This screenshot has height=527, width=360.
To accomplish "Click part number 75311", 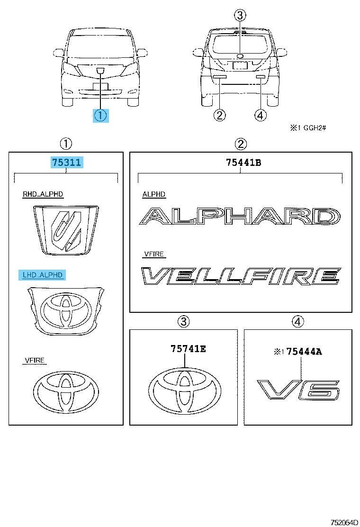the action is coord(66,163).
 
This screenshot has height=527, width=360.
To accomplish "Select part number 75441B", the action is coord(243,163).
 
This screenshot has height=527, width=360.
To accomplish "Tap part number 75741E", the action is coord(188,348).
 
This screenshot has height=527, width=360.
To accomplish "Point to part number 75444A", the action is coord(304,352).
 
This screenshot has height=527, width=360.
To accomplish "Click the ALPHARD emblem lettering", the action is coord(240,216).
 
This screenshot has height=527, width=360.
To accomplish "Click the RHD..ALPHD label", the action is coord(43,194).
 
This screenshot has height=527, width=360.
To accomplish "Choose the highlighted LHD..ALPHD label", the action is coord(43,275).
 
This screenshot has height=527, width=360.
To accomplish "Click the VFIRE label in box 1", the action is coord(35,360).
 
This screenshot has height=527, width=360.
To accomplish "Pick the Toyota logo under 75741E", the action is coord(185,390).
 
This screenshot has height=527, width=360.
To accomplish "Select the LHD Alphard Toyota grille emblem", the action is coord(66,311).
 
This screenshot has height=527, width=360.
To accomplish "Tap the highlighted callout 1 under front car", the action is coord(100,115).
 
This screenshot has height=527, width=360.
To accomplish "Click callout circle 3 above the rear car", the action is coord(240,15).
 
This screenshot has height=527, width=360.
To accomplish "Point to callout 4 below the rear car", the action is coord(261,115).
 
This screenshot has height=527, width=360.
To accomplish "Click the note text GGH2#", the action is coord(315,127).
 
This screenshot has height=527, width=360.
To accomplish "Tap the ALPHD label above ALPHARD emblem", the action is coord(154,194).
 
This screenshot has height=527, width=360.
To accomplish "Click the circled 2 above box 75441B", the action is coord(241,144).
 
